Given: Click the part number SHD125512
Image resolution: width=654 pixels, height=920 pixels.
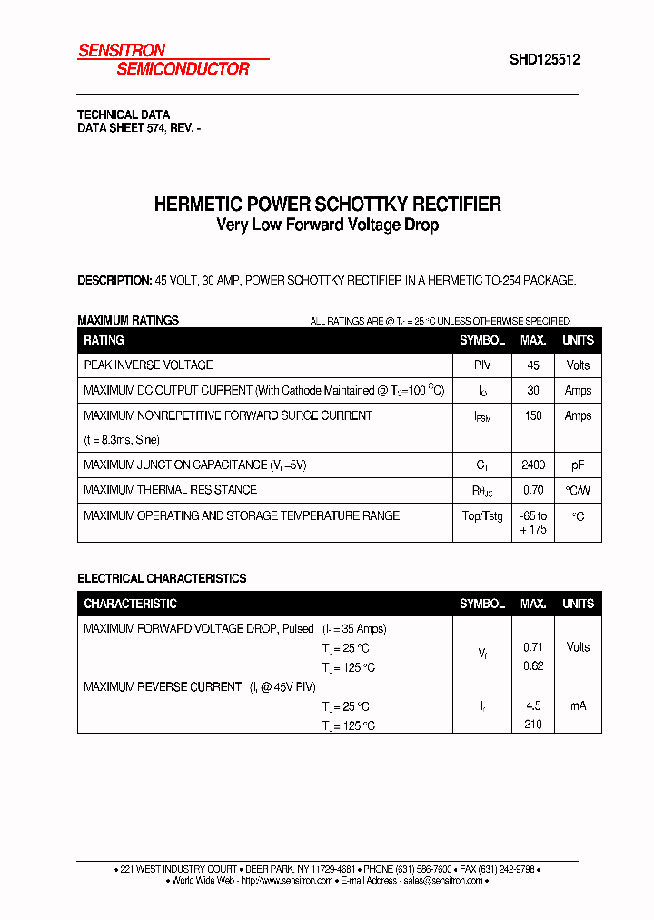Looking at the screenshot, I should coord(544,61).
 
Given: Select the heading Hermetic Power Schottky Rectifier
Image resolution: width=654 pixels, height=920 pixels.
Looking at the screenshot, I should coord(327,205).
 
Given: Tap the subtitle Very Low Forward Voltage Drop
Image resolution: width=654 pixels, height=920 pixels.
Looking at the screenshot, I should coord(327,225).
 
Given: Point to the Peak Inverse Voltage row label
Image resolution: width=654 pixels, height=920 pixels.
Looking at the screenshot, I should coord(148,365).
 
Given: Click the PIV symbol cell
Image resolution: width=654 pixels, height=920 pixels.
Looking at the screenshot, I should coord(481,365).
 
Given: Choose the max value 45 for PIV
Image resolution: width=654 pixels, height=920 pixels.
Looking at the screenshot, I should coord(533,365).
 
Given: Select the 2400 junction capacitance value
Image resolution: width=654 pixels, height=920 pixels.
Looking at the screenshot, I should coord(533,465).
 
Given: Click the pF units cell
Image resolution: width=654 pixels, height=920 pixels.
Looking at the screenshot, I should coord(578,465).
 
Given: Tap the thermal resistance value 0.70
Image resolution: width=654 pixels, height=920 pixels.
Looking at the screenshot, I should coord(533,490).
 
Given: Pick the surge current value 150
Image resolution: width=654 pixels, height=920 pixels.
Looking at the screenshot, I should coord(533,416).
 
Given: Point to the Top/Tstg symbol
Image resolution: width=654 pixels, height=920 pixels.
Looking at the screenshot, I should coord(481,516).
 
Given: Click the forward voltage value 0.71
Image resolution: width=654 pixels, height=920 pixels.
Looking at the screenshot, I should coord(533,647).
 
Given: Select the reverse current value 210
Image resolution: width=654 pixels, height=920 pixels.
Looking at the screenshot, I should coord(533,725).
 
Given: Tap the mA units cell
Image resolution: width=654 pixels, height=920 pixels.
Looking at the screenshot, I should coord(578,705).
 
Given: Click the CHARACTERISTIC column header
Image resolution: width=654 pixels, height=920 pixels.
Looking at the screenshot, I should coord(130,604).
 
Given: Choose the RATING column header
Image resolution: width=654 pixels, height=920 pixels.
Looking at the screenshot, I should coord(104,340).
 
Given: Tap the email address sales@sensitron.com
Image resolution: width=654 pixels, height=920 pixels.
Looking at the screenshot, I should coord(441,881).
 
